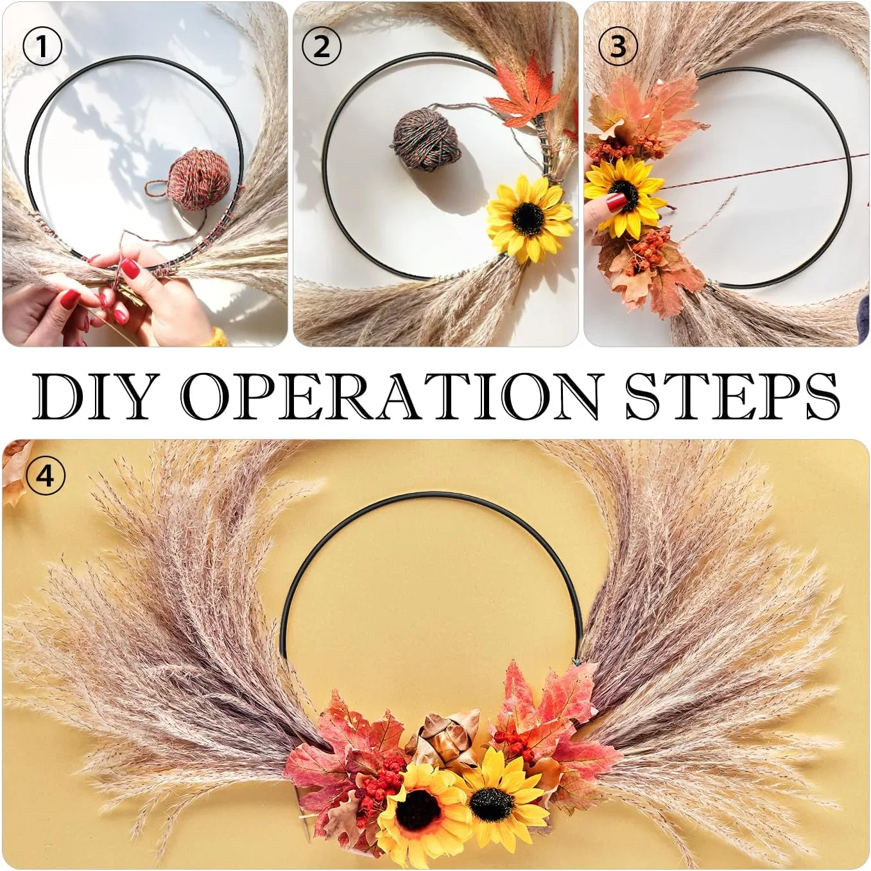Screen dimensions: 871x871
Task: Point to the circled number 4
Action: click(x=45, y=476)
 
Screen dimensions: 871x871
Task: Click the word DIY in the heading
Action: click(x=94, y=395)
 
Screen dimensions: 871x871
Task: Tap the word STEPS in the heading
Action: click(x=732, y=395)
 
